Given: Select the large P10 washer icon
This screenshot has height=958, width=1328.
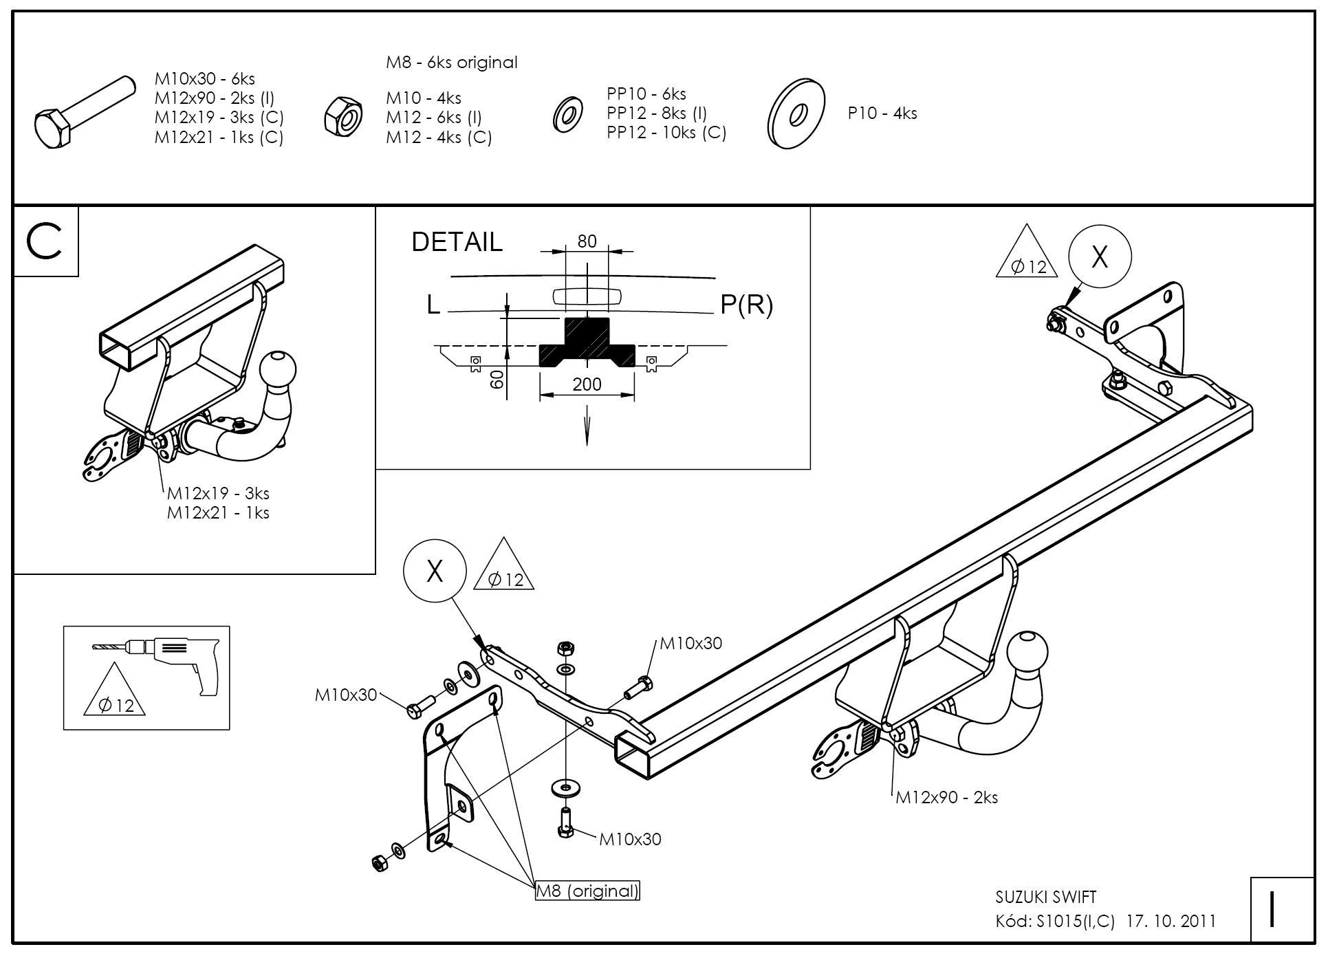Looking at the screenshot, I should [796, 114].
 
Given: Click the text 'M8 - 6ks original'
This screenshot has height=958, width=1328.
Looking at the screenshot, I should [451, 63].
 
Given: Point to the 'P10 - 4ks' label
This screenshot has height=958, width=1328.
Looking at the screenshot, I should [882, 113].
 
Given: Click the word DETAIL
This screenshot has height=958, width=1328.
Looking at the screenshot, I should [457, 242].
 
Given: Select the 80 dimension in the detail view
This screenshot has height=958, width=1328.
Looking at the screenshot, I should [587, 241].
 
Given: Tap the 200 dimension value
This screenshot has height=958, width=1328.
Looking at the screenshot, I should [587, 384].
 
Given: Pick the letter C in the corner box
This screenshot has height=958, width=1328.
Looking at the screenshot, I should [45, 241].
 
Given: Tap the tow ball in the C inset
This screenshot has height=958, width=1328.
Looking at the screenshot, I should [279, 369].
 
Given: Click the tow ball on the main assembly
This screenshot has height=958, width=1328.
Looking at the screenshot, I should [1027, 651].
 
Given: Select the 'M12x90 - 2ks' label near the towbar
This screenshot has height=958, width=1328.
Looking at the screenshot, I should [946, 798].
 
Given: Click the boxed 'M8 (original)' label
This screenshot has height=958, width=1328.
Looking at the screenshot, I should [587, 891].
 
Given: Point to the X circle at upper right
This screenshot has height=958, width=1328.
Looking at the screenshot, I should [1100, 257].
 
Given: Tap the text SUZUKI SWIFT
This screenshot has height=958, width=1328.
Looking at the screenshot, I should [1046, 897].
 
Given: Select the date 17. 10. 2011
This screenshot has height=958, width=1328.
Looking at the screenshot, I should [1171, 922].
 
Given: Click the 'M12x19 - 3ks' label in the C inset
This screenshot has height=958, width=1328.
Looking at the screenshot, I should [218, 494].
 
